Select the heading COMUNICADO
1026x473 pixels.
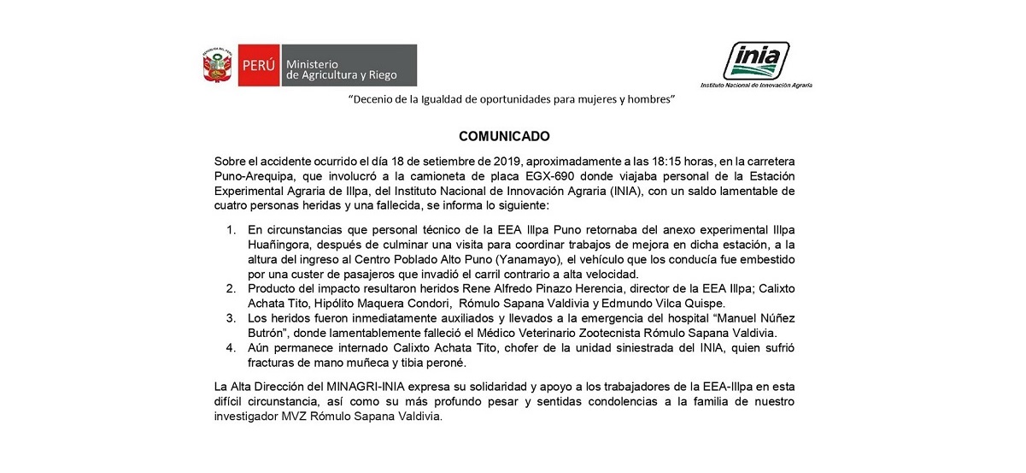point(504,136)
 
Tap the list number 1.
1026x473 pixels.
point(231,231)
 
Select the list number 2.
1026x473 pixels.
point(231,288)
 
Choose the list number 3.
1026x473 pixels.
point(231,317)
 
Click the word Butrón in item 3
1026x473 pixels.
point(267,332)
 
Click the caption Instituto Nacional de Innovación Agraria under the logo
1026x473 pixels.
point(756,86)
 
